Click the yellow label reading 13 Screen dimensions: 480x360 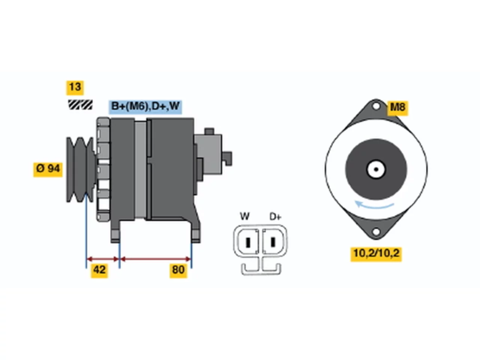[75, 88]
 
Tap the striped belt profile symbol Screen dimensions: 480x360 [80, 105]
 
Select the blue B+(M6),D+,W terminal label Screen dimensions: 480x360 [145, 107]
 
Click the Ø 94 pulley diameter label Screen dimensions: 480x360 [48, 169]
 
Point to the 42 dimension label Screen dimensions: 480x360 [99, 271]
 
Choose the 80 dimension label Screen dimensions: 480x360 [178, 271]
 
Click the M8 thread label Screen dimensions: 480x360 [397, 108]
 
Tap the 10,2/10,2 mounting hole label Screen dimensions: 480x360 [376, 254]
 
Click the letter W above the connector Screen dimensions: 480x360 [245, 216]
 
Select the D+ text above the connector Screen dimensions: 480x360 [275, 217]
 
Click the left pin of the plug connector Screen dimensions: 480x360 [248, 242]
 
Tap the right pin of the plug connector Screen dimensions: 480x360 [273, 242]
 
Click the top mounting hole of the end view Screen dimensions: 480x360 [376, 106]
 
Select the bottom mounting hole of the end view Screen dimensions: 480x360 [376, 232]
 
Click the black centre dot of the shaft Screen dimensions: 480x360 [376, 169]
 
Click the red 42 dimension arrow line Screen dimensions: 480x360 [103, 259]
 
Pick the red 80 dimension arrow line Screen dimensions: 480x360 [156, 259]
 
